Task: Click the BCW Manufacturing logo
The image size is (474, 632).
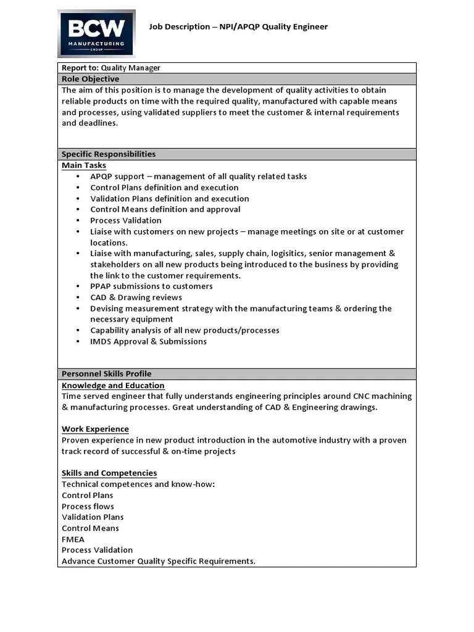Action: coord(96,33)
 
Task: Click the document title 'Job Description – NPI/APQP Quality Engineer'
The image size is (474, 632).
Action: coord(238,27)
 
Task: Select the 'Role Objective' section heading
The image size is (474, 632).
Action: coord(91,79)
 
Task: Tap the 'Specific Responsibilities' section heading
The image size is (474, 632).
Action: coord(109,154)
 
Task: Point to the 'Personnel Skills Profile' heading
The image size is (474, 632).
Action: coord(106,374)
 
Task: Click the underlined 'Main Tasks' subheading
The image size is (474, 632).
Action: coord(84,165)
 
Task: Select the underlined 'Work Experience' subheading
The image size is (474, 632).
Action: coord(95,429)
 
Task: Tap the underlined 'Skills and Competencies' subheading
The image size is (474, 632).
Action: coord(109,473)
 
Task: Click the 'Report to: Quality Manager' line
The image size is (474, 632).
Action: coord(111,68)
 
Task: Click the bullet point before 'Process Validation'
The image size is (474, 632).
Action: coord(78,220)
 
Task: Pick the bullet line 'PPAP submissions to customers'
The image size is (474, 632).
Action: coord(151,286)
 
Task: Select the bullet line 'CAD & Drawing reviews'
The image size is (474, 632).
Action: coord(136,297)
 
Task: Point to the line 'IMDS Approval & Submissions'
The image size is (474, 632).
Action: coord(148,341)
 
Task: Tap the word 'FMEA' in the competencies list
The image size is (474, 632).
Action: coord(73,539)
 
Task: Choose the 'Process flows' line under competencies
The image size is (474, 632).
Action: coord(88,507)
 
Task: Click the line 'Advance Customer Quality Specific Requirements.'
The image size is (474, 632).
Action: coord(159,561)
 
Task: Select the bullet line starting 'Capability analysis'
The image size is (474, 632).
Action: coord(185,330)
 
